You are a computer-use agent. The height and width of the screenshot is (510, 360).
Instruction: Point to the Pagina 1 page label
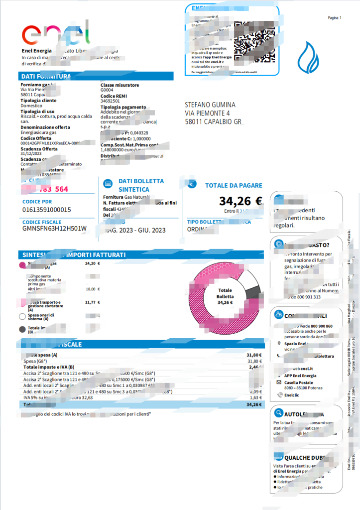coord(334,17)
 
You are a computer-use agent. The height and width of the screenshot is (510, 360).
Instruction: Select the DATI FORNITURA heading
coord(46,76)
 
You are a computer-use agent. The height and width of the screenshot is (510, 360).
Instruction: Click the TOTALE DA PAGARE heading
coord(234,185)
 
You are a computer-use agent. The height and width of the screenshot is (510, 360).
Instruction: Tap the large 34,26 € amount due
coord(240,201)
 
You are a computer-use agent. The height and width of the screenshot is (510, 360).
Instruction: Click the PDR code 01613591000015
coord(47,210)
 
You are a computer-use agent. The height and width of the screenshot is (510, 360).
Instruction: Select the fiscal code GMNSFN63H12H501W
coord(54,229)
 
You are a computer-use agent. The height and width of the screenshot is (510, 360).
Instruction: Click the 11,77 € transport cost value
coord(93,302)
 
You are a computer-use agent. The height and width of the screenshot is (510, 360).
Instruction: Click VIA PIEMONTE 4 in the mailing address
coord(207,113)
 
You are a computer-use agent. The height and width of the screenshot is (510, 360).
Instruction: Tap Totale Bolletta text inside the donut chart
coord(225,293)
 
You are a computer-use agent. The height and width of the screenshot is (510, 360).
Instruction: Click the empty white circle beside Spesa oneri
coord(22,316)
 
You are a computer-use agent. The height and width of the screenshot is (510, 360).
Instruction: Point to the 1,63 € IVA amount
coord(254,398)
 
